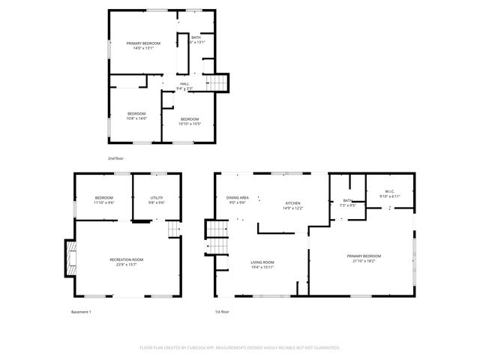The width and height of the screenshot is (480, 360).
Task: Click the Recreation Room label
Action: [126, 259]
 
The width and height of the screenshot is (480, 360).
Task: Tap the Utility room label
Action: [157, 198]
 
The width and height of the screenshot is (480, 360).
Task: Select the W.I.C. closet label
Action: [390, 191]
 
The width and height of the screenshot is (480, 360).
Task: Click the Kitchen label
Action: [292, 203]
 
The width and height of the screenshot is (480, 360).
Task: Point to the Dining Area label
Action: [238, 198]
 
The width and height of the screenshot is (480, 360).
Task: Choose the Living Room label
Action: [262, 262]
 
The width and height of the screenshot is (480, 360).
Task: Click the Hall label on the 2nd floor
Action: [184, 84]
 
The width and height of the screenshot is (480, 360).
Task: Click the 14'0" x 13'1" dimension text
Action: [143, 48]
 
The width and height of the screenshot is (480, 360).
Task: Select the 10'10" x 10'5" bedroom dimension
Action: [190, 124]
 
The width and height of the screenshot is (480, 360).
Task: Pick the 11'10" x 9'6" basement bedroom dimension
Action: [103, 202]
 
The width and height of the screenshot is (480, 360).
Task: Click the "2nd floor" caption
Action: [115, 159]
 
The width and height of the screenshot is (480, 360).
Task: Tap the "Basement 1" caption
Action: [81, 311]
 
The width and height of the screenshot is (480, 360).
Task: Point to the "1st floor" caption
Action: [222, 311]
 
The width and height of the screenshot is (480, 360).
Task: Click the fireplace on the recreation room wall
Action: [70, 257]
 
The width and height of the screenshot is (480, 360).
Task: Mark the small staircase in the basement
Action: [175, 229]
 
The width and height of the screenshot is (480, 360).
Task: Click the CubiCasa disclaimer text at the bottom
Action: [240, 347]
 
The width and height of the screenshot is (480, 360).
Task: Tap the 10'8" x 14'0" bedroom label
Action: [136, 115]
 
